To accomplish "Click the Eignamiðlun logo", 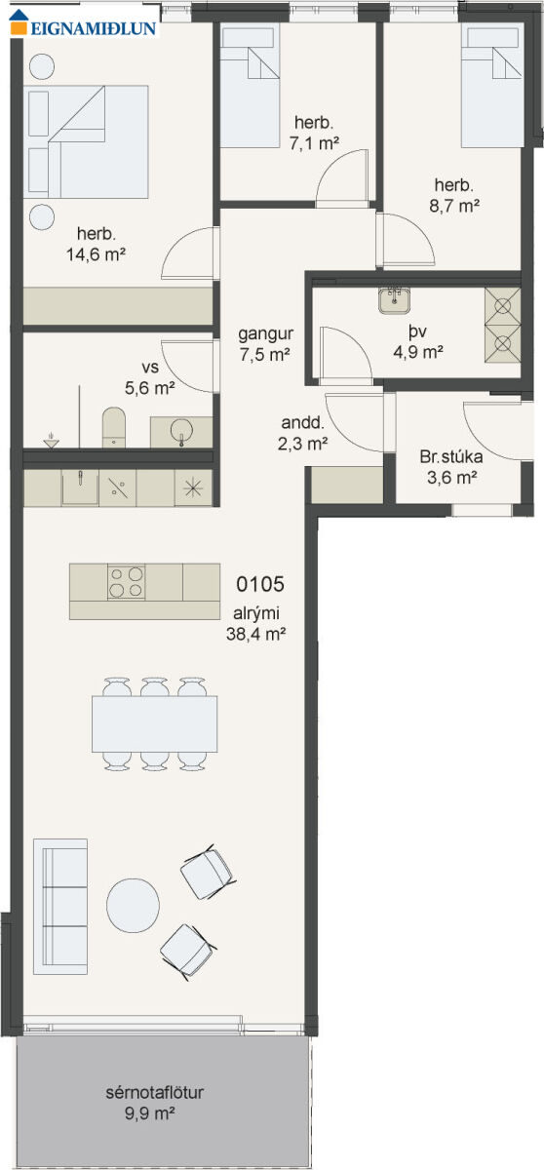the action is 84,22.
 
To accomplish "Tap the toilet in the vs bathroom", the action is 114,427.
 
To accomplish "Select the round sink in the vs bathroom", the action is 181,431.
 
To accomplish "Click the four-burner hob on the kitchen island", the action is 127,582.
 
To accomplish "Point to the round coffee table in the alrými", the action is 134,905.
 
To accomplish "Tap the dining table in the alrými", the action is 155,723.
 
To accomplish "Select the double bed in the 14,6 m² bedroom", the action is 86,142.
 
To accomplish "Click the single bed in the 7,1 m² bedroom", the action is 251,85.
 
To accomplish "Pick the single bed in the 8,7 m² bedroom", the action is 491,85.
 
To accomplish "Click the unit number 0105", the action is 260,584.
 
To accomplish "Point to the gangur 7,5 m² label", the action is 265,343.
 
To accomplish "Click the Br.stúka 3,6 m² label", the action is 451,467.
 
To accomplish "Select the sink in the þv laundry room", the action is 394,300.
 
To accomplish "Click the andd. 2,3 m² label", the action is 303,433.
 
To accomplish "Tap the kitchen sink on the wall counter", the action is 80,487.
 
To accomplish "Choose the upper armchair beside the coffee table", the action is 207,874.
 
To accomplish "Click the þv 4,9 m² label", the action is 418,341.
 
